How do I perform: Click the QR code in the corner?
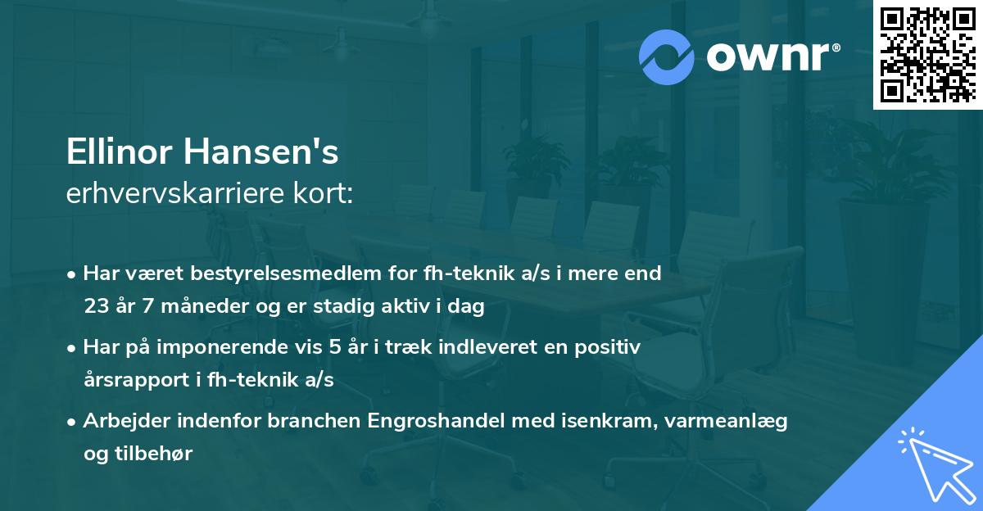point(928,54)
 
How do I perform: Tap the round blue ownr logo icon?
point(667,56)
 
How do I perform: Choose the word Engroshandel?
point(432,421)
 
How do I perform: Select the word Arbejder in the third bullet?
point(120,421)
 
